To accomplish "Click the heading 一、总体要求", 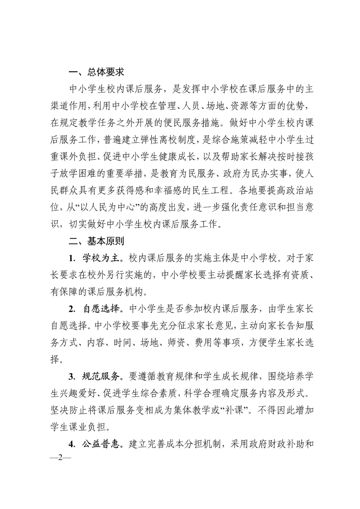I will coord(96,72).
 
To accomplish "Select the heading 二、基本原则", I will coord(96,241).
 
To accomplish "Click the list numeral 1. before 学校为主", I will coord(72,259).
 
